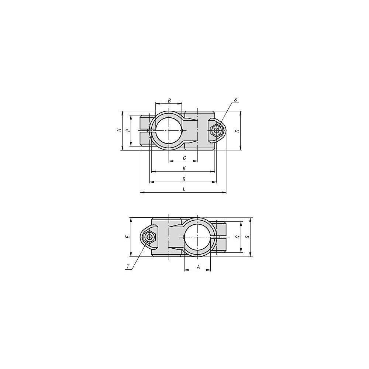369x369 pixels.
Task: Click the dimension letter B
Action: coord(169,100)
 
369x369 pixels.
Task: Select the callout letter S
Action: coord(235,100)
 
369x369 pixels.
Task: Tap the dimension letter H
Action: coord(119,130)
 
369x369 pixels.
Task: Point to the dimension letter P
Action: coord(127,130)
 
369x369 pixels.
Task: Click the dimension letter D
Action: coord(238,131)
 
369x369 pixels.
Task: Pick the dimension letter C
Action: coord(184,158)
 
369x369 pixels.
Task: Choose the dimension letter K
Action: coord(184,169)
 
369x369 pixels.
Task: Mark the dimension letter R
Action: coord(184,179)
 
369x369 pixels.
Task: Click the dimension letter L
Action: coord(184,189)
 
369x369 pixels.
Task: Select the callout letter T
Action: coord(128,267)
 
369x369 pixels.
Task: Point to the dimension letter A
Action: coord(198,266)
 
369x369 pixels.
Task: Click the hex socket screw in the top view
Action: coord(217,130)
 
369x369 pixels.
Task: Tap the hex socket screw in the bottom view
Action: coord(149,237)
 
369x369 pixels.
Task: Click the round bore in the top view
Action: coord(169,130)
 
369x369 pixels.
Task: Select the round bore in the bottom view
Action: coord(197,237)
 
